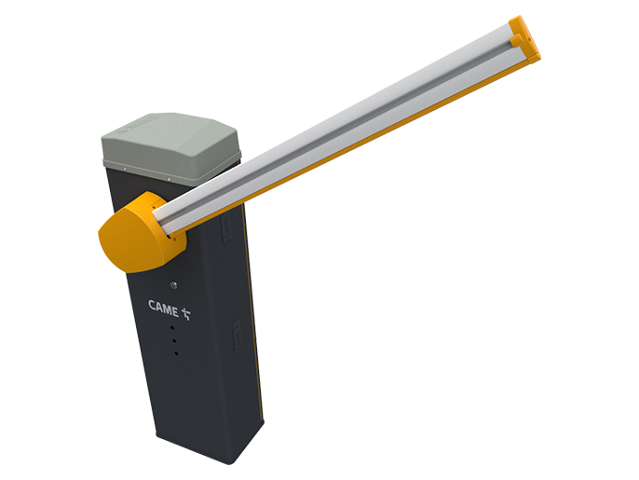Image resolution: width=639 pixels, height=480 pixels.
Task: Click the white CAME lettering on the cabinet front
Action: pos(163,308)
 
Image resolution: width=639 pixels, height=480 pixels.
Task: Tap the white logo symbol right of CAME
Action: pos(186,313)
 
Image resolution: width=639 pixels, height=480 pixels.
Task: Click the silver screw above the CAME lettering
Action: pos(174,284)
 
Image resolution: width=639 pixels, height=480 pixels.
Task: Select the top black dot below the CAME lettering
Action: pos(172,327)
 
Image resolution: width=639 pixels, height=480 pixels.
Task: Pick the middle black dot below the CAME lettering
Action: pos(174,340)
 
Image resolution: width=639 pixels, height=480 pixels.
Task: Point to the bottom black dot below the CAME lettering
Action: pos(176,353)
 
